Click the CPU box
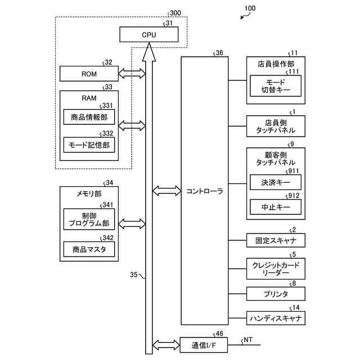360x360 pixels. click(149, 35)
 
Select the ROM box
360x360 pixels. click(89, 73)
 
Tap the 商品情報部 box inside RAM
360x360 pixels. click(89, 117)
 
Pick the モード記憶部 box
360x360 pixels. click(89, 145)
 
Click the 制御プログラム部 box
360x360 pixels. click(89, 219)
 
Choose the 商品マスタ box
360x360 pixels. click(89, 249)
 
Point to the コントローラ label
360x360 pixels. click(204, 191)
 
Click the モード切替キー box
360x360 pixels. click(276, 85)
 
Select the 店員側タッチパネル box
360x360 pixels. click(276, 126)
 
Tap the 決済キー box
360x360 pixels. click(276, 182)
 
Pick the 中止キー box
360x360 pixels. click(276, 208)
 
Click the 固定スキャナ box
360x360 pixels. click(276, 241)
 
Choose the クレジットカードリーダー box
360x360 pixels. click(276, 268)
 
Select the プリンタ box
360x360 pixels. click(276, 294)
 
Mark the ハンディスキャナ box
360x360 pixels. click(276, 318)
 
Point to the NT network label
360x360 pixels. click(247, 340)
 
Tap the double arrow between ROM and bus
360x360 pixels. click(132, 73)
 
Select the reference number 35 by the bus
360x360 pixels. click(134, 275)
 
